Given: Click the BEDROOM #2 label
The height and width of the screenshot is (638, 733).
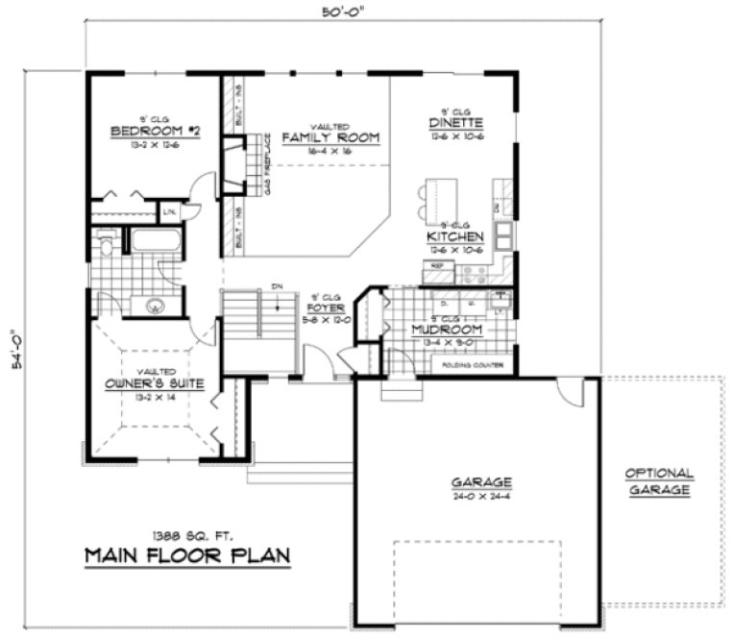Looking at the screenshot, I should pos(155,131).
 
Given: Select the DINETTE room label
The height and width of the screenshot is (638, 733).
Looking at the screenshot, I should pos(455,123).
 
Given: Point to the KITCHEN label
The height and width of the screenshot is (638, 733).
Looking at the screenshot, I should pos(455,236).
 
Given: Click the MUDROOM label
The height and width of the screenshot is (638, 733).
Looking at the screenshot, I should pos(447,330).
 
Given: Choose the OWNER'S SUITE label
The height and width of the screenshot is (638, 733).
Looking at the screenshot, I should pos(152,385).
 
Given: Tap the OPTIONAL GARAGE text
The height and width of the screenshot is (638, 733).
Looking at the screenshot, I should pos(659,481).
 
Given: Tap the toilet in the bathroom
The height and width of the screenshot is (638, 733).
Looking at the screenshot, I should pos(106,247).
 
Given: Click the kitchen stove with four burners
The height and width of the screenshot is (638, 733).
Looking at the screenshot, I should pos(474,272).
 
